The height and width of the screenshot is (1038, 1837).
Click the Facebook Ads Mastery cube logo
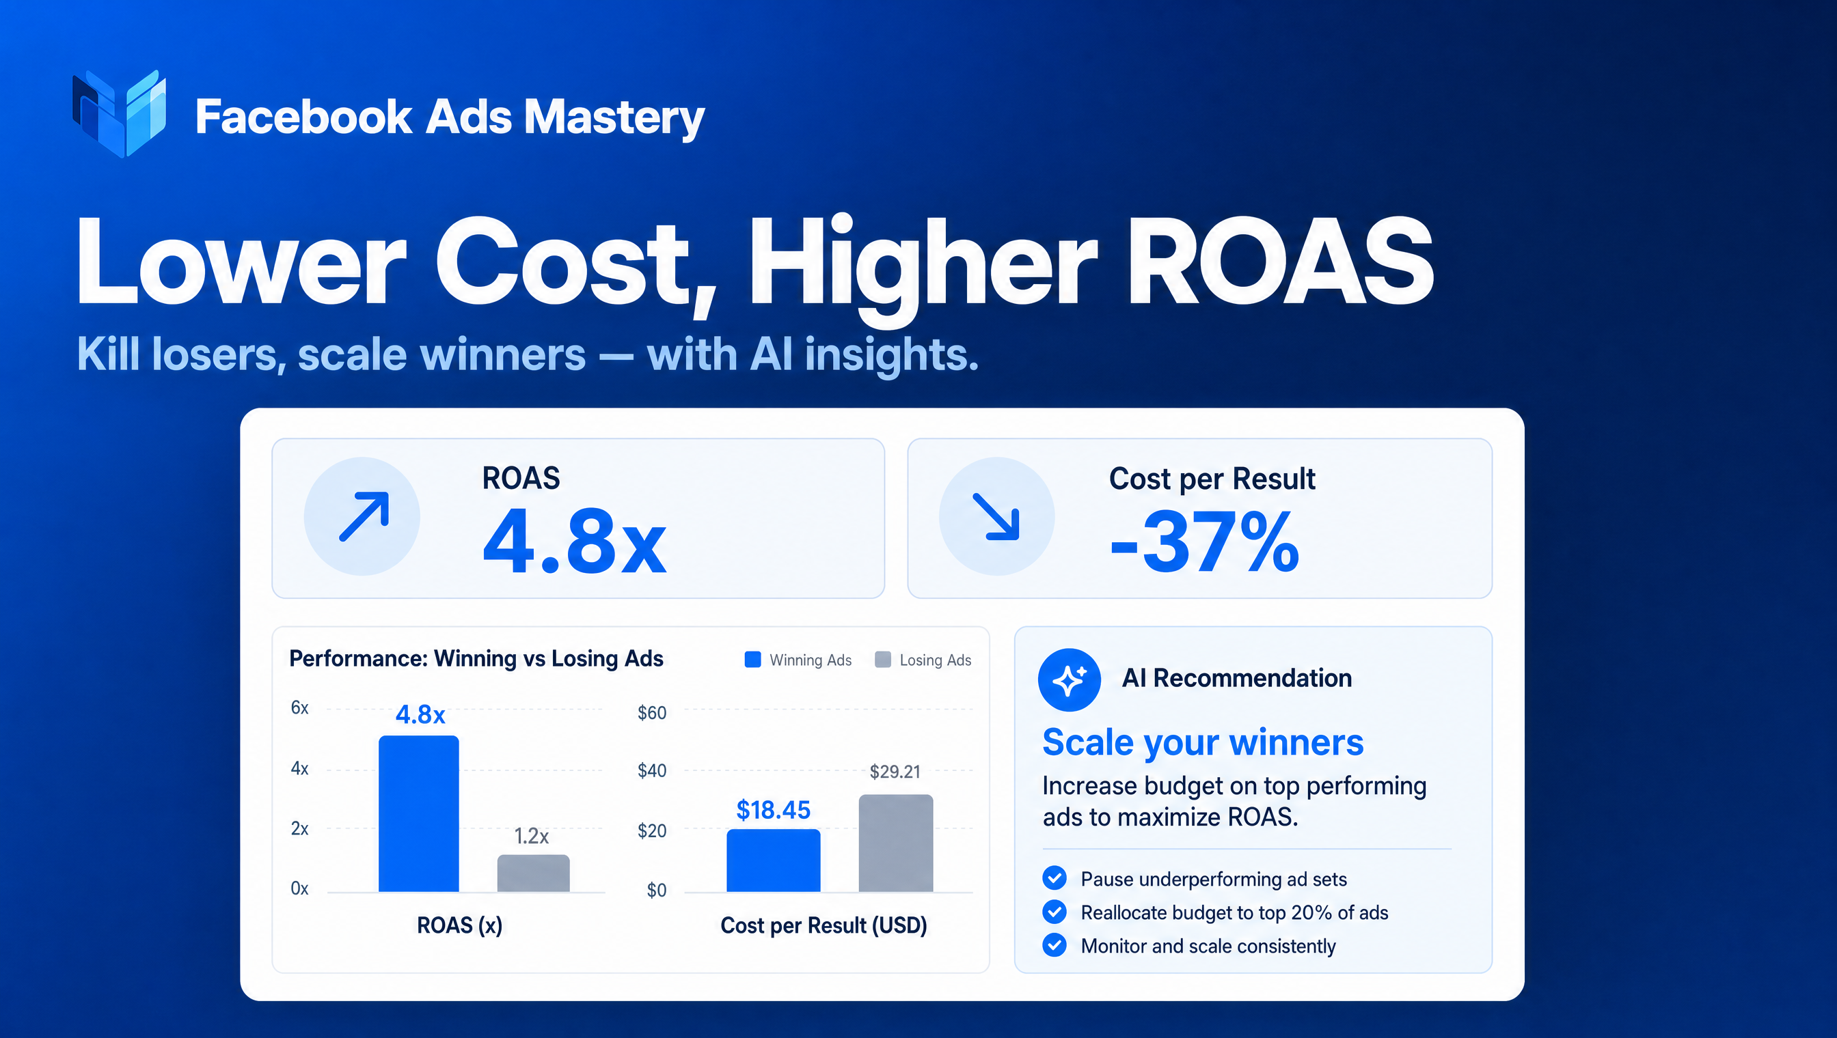(x=119, y=113)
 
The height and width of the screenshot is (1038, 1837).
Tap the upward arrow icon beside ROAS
(x=363, y=516)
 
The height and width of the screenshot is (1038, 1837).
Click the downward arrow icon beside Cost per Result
(x=996, y=516)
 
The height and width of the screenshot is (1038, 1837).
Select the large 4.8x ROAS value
(x=574, y=541)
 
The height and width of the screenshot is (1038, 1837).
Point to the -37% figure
(x=1205, y=542)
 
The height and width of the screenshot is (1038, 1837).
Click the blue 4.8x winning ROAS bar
(x=419, y=813)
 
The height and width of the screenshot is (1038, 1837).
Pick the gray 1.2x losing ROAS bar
(x=534, y=873)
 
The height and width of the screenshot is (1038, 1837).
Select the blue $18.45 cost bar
(x=774, y=860)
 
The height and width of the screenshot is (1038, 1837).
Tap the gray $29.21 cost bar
(x=896, y=843)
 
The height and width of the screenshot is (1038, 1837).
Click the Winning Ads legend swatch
(x=752, y=660)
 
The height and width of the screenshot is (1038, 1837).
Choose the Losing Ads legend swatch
(x=883, y=660)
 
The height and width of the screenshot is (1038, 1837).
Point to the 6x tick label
(x=299, y=708)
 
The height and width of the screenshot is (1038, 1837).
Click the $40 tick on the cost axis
(x=652, y=771)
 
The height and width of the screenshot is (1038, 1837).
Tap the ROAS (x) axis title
(x=459, y=925)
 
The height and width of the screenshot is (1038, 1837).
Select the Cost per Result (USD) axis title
(x=824, y=925)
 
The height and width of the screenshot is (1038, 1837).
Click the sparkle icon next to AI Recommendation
(x=1070, y=680)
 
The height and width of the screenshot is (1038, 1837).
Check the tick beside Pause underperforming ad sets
(x=1054, y=878)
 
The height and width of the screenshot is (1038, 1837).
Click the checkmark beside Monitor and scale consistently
(x=1054, y=944)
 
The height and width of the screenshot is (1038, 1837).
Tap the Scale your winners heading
(x=1203, y=743)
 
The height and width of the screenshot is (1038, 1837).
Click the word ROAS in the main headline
(x=1280, y=262)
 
